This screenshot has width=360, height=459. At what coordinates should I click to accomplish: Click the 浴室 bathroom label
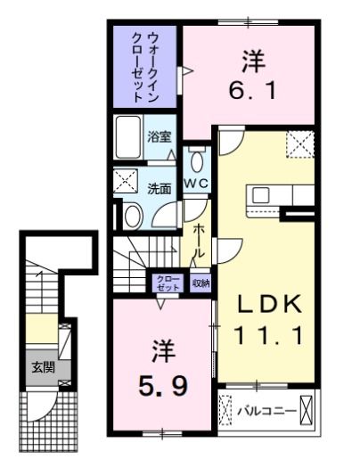pos(160,136)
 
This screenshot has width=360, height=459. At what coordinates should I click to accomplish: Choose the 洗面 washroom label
pos(160,188)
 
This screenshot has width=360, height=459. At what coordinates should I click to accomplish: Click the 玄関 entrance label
pos(43,366)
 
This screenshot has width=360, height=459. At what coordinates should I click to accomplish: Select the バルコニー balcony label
pos(259,412)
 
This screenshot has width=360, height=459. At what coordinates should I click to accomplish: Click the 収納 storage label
pos(200,283)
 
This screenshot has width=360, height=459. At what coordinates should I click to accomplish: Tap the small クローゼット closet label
pos(168,283)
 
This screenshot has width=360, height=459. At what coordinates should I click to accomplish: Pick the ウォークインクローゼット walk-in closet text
pos(146,65)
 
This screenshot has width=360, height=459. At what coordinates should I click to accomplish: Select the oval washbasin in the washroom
pos(133,216)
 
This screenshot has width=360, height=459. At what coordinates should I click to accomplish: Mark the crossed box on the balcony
pos(307,411)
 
